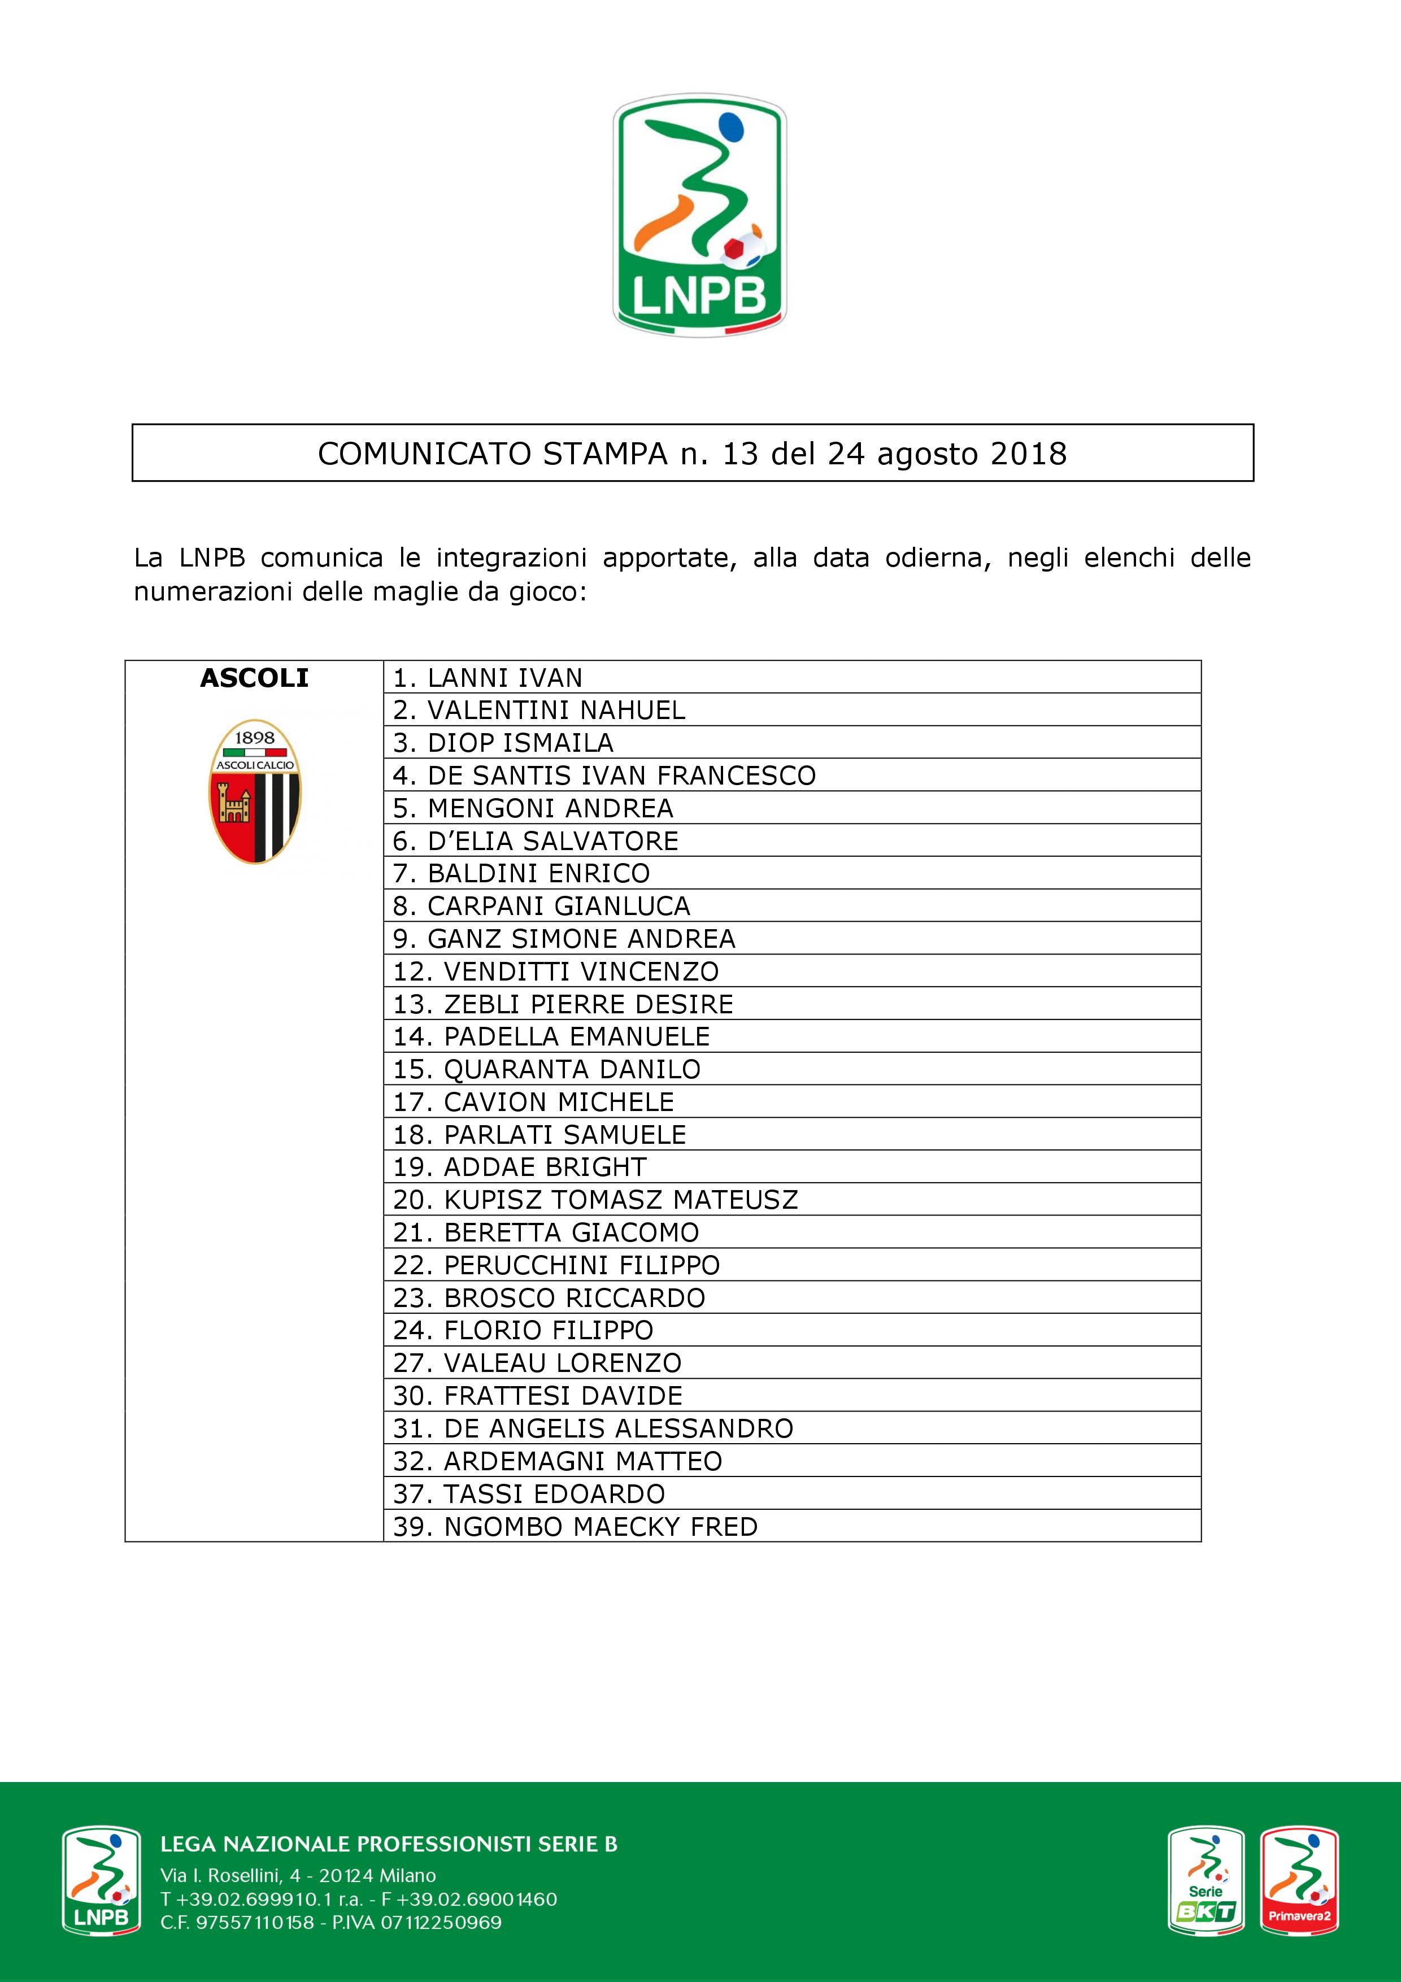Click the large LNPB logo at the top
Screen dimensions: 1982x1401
click(699, 216)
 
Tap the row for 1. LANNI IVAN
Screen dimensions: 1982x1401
click(488, 678)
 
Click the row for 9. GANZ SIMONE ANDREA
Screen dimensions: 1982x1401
click(564, 938)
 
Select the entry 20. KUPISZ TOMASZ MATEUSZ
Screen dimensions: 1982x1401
click(595, 1200)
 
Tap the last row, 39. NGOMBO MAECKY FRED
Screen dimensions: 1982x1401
click(576, 1526)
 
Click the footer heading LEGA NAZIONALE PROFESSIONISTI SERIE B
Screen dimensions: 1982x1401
click(389, 1844)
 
